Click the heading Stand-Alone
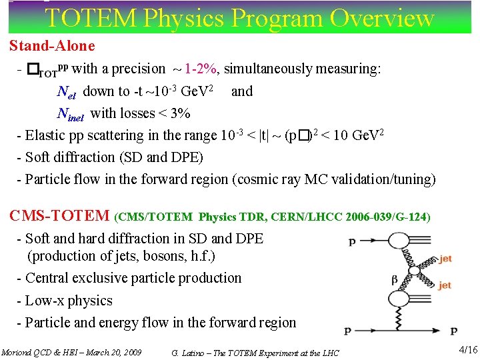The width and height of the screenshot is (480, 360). [52, 47]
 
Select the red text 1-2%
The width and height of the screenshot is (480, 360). [201, 69]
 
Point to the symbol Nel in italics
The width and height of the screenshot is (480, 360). [67, 92]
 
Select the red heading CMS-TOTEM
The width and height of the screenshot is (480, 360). [59, 216]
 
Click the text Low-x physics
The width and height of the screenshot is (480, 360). [69, 301]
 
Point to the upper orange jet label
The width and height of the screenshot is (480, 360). [445, 259]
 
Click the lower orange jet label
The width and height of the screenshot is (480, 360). [445, 285]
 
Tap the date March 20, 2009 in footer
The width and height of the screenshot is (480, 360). [109, 352]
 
